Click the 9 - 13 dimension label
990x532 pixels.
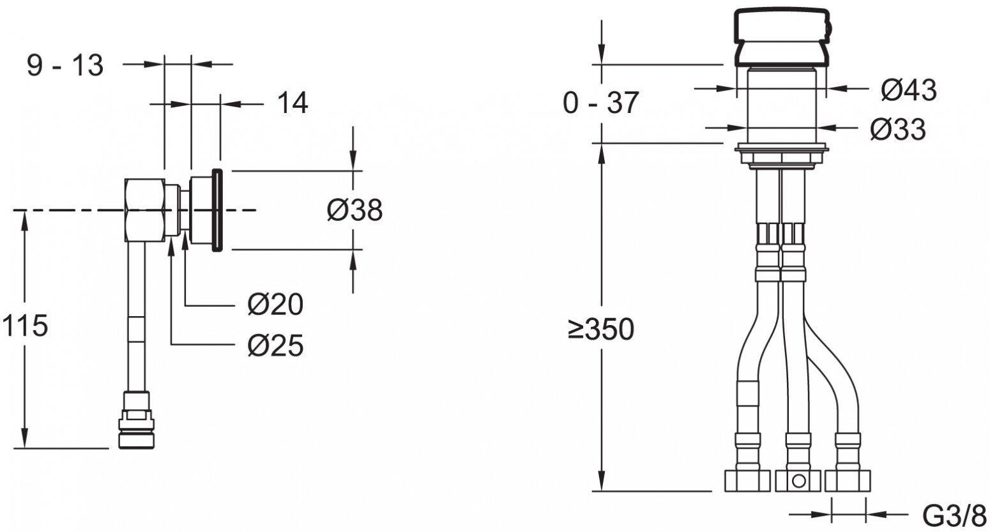[x=65, y=65]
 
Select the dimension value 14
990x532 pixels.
[x=292, y=103]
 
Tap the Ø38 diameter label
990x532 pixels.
[x=354, y=210]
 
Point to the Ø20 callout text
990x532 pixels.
[x=275, y=305]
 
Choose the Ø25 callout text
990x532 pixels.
[x=275, y=345]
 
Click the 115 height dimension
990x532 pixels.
[x=25, y=326]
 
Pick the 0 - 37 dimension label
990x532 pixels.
[x=601, y=103]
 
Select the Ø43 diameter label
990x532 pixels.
[x=909, y=89]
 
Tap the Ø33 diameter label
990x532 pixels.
[x=898, y=130]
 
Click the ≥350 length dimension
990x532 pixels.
[x=601, y=329]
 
